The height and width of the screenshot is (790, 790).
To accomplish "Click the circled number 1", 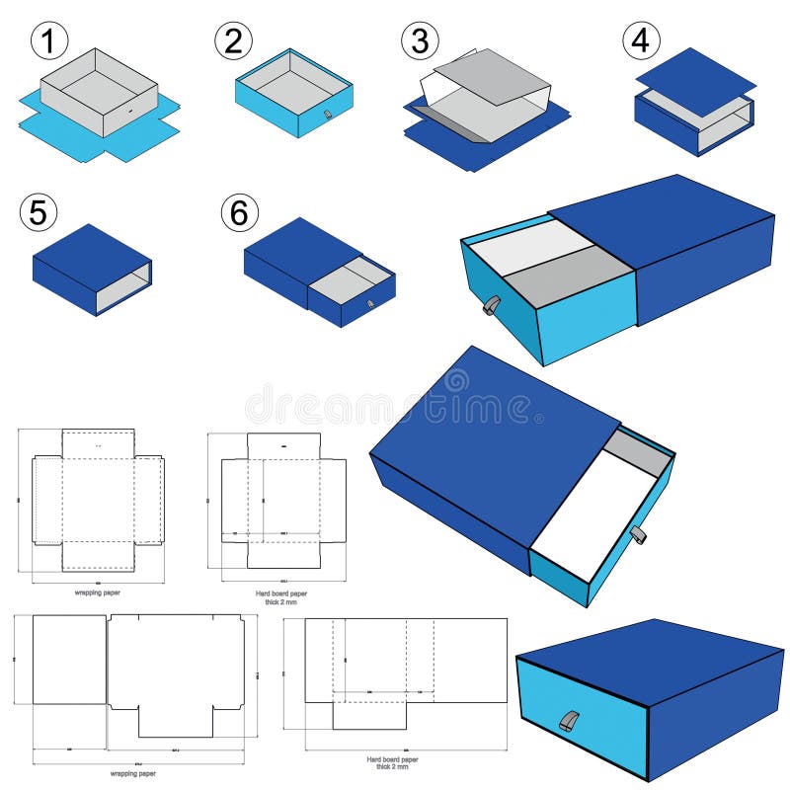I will pyautogui.click(x=48, y=41).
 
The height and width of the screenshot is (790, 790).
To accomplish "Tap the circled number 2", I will pyautogui.click(x=233, y=40).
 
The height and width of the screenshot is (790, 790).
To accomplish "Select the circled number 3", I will pyautogui.click(x=419, y=41).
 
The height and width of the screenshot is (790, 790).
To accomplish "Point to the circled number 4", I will pyautogui.click(x=641, y=41).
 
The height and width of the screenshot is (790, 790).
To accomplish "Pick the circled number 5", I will pyautogui.click(x=39, y=212).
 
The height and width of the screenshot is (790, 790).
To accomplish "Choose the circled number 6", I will pyautogui.click(x=239, y=212).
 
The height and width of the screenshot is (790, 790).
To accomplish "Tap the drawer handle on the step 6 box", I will pyautogui.click(x=370, y=304).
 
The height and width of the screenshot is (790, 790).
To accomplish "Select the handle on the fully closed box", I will pyautogui.click(x=569, y=721).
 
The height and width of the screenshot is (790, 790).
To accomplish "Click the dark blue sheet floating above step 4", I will pyautogui.click(x=695, y=81).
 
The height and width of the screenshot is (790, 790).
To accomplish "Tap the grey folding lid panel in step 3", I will pyautogui.click(x=494, y=74).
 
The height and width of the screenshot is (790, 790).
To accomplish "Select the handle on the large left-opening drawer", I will pyautogui.click(x=491, y=306).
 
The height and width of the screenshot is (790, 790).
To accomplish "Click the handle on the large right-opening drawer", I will pyautogui.click(x=638, y=535).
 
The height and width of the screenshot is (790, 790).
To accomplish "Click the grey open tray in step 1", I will pyautogui.click(x=99, y=89).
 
